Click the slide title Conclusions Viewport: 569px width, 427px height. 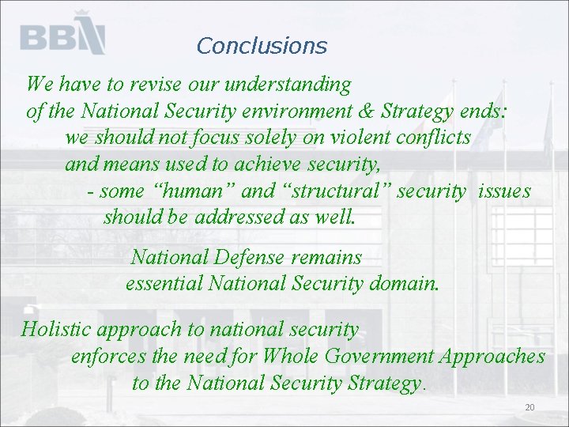point(262,46)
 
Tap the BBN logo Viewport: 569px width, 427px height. point(62,35)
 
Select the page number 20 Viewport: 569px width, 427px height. point(529,407)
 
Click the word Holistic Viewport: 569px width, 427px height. point(57,329)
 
